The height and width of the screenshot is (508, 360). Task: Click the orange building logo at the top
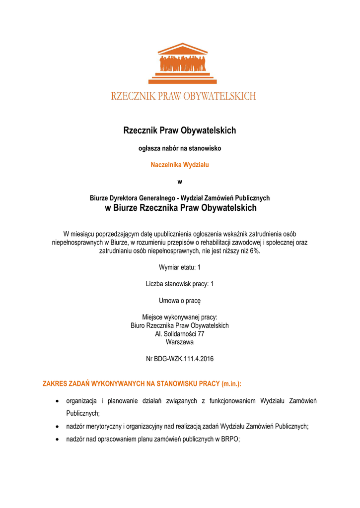pos(183,63)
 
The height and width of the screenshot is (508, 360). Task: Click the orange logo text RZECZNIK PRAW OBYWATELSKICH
pos(183,96)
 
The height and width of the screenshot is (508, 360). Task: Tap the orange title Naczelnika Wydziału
pos(180,165)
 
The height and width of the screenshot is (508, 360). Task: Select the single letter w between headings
pos(180,182)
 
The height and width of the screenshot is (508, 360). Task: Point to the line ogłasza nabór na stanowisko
pos(179,148)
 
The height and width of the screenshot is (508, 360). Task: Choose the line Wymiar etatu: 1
pos(180,267)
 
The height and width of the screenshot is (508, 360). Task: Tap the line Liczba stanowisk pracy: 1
pos(180,284)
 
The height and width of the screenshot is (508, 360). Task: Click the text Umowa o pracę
pos(180,301)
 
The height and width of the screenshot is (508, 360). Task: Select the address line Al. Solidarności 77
pos(180,334)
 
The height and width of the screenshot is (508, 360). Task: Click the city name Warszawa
pos(180,342)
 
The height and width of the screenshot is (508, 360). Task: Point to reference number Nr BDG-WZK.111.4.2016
pos(180,359)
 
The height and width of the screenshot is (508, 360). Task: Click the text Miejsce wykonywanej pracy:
pos(180,317)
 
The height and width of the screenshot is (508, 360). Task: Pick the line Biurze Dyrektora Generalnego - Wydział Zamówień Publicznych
pos(180,198)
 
